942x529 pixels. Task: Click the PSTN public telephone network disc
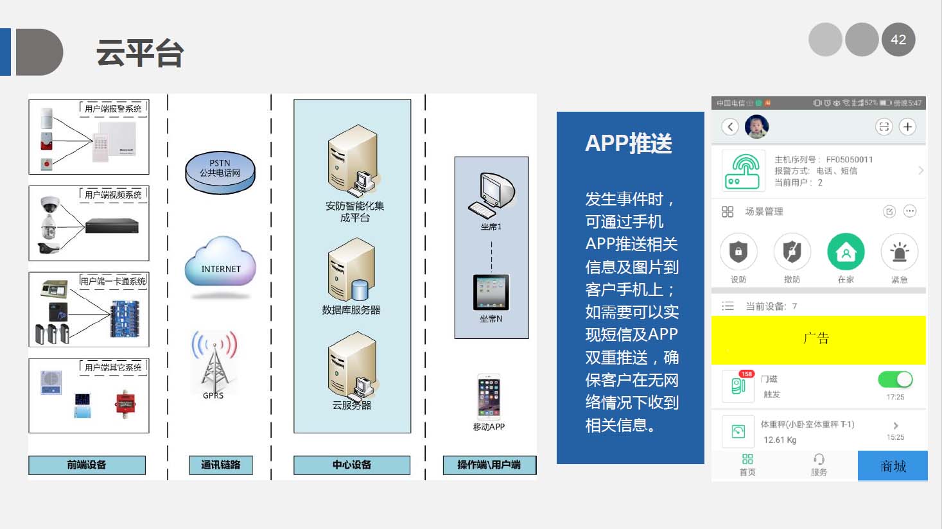(220, 171)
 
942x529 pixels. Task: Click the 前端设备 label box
(87, 465)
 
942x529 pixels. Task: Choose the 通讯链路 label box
(220, 465)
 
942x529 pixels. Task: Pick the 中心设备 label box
(351, 465)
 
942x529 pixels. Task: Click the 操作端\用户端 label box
(489, 465)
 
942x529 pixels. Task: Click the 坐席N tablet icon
(491, 293)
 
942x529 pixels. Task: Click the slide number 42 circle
(898, 40)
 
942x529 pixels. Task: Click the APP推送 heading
(629, 143)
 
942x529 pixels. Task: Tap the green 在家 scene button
(846, 252)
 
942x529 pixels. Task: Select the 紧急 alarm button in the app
(899, 252)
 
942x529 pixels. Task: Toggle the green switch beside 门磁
(895, 379)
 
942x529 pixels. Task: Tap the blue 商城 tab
(893, 466)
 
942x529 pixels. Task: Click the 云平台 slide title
(140, 53)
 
